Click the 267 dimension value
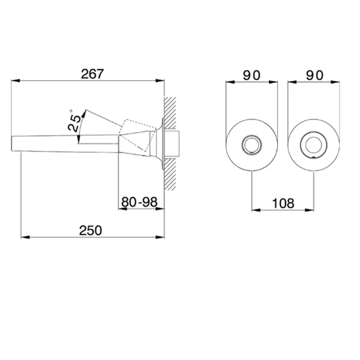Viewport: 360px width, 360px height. (92, 74)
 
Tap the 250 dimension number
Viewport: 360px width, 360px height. (91, 230)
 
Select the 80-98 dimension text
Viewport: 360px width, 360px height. (139, 202)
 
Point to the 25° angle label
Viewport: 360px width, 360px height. (74, 120)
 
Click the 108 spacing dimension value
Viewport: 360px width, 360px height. (283, 204)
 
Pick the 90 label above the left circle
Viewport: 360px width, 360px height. (251, 75)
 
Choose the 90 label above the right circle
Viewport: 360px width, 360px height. (315, 75)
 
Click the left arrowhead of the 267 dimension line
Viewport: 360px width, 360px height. (15, 81)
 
